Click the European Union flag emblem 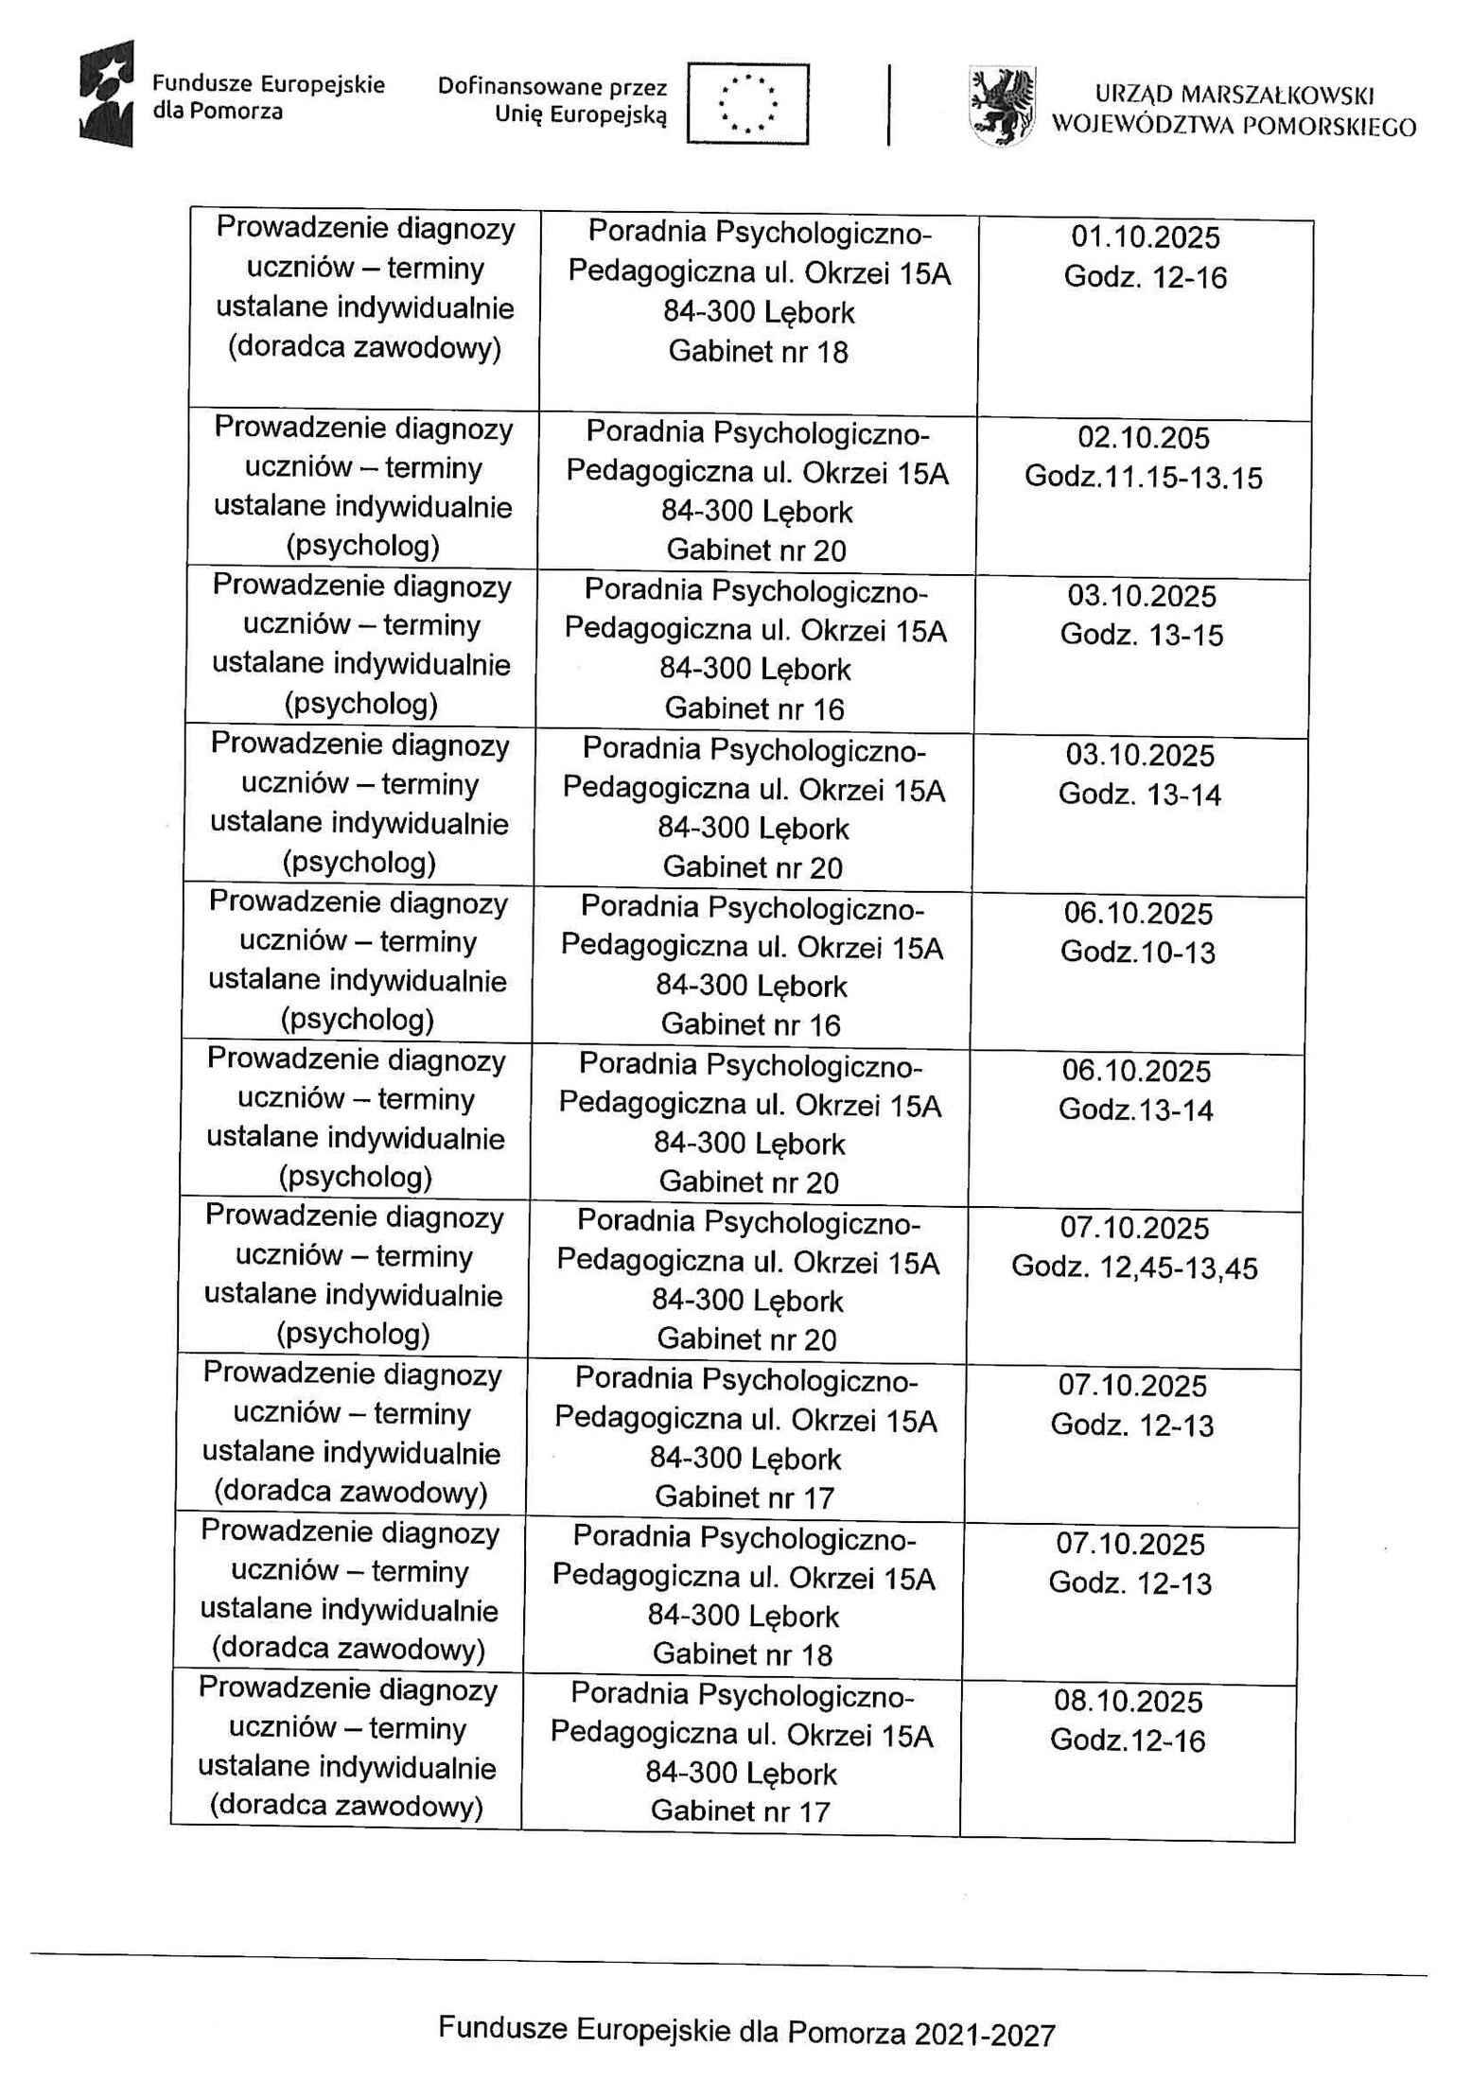pos(747,104)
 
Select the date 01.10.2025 pos(1146,236)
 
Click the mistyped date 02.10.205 pos(1144,437)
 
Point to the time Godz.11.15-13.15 pos(1143,477)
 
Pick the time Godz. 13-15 pos(1142,635)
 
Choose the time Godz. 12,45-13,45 pos(1134,1268)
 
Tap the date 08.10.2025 pos(1129,1702)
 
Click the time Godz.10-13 pos(1138,952)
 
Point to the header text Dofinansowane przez pos(552,88)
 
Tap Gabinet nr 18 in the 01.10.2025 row pos(758,353)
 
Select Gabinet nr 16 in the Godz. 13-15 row pos(754,708)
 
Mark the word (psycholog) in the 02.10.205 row pos(363,546)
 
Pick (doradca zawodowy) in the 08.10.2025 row pos(347,1807)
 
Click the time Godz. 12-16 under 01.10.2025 pos(1146,277)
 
